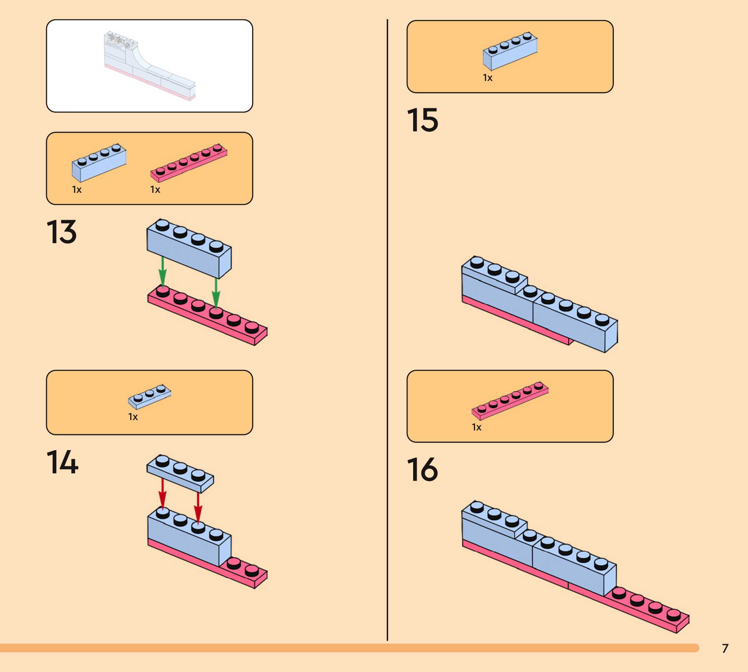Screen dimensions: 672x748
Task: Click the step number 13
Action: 62,232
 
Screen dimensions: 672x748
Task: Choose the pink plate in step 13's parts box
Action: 188,163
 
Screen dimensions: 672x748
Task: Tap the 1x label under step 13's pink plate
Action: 155,190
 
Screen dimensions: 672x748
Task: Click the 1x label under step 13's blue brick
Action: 77,190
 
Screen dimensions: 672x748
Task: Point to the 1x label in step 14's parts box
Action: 133,417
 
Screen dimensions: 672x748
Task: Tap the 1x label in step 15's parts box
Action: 488,78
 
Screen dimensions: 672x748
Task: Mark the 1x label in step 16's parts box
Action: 476,427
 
